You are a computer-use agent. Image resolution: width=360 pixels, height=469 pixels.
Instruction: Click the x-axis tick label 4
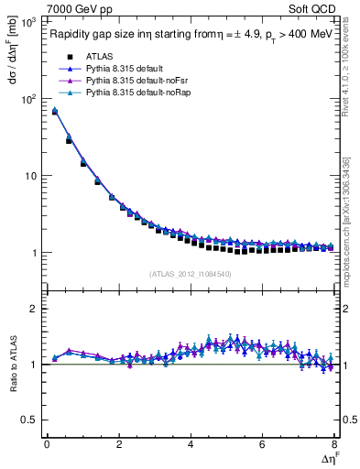191,444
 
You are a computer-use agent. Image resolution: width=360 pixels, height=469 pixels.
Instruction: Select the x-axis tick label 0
47,444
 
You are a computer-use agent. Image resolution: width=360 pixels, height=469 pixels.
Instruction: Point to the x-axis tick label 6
262,444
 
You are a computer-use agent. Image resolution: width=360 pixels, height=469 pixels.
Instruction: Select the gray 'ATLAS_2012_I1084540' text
191,273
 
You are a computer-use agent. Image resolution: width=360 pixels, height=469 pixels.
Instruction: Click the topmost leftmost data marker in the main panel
55,111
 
